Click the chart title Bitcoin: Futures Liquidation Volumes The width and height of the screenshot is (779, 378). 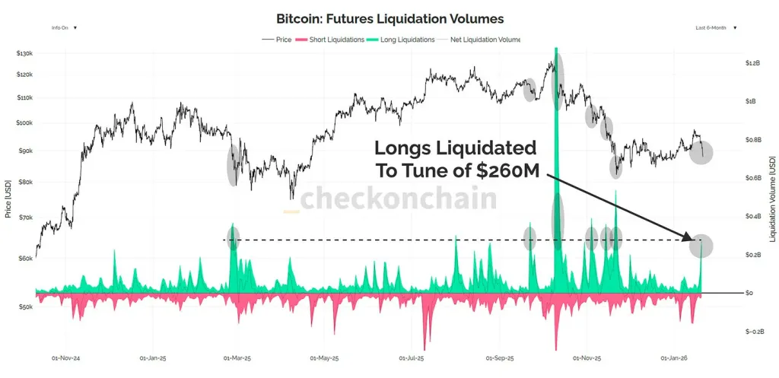coord(389,17)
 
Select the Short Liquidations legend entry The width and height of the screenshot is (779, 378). coord(332,39)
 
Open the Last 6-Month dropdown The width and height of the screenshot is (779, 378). coord(715,27)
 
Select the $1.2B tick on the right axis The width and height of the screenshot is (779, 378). coord(753,63)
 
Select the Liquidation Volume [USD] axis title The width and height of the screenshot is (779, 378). coord(771,199)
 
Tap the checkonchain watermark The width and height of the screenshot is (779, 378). coord(399,199)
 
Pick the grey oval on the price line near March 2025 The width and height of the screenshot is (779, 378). coord(233,165)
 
